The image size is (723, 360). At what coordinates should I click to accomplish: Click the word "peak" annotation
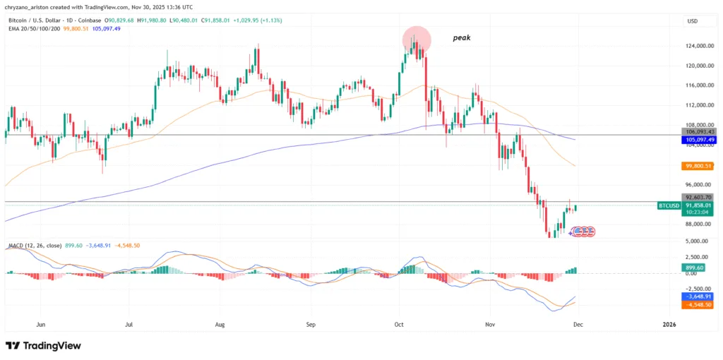pos(462,37)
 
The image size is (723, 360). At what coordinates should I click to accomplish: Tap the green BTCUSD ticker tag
pos(669,205)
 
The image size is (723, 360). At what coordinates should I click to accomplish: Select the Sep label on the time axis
pos(311,324)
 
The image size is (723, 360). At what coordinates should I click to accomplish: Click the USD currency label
pos(692,21)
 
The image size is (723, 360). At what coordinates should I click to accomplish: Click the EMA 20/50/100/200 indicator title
pos(32,29)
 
